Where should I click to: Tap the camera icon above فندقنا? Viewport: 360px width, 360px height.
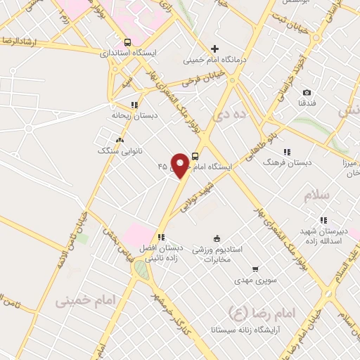[307, 93]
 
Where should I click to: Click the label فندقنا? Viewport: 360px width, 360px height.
[307, 104]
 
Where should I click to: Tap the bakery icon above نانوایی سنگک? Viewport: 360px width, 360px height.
[120, 139]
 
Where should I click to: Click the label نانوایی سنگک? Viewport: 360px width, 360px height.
[116, 150]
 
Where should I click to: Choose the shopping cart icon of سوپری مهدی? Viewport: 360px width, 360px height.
[255, 269]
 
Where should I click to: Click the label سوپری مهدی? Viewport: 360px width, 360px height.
[255, 280]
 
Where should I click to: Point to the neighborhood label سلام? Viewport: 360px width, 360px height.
[316, 196]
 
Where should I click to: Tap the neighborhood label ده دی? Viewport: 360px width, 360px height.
[230, 113]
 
